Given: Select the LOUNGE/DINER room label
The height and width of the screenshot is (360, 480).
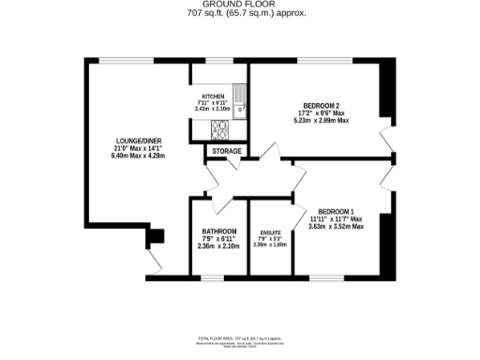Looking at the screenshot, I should coord(139,141).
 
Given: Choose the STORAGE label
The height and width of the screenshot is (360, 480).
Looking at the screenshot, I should coord(226,151).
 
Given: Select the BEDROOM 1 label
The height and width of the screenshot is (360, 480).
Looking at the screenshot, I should coord(336,210).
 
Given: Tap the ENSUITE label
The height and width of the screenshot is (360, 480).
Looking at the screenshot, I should coord(269,233).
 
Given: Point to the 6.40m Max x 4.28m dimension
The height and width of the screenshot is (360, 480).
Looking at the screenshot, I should coord(139,156).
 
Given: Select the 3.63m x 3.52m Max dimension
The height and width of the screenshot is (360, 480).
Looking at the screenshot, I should coord(336,226).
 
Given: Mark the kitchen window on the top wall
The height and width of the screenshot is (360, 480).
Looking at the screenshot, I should coord(220,61).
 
